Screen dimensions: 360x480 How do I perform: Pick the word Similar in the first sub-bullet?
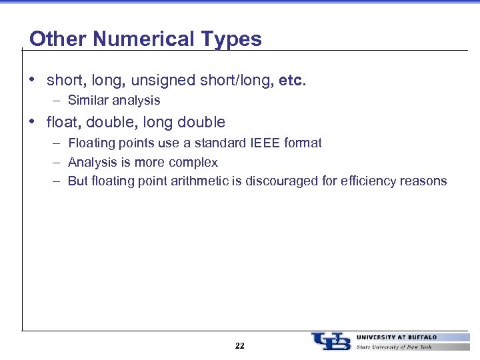89,101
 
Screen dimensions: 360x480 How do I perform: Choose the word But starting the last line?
78,181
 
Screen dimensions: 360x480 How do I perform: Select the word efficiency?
370,181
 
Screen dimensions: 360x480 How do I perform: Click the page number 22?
240,346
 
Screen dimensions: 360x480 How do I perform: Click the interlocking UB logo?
331,341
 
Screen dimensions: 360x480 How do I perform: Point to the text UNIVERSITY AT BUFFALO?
397,337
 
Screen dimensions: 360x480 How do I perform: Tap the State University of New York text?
394,347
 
